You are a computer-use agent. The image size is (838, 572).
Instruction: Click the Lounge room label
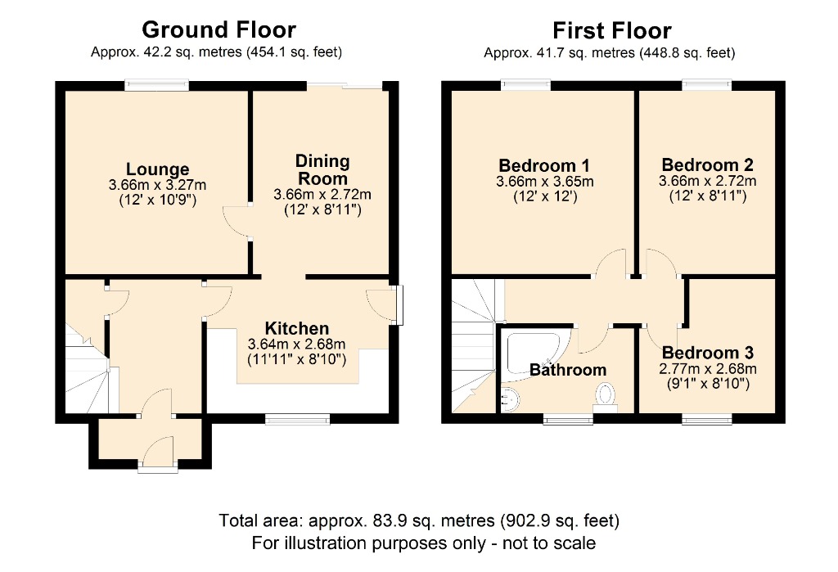pos(158,169)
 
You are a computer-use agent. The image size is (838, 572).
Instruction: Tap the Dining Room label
pos(322,169)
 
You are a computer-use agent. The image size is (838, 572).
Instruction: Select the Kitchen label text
pos(296,327)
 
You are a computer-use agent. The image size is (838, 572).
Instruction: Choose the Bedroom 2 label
pos(708,164)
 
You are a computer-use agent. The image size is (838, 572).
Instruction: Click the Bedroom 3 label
pos(708,353)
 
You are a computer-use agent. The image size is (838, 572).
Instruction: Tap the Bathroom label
pos(568,369)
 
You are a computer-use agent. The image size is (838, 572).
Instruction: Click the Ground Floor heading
pos(219,29)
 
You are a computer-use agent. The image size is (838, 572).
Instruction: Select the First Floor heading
pos(611,30)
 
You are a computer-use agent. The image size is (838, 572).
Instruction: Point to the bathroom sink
pos(511,399)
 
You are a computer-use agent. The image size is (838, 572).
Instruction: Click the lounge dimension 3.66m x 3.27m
pos(158,185)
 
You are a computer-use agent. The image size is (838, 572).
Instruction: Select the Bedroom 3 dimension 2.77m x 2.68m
pos(708,368)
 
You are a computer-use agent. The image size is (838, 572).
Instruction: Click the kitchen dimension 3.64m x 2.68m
pos(296,344)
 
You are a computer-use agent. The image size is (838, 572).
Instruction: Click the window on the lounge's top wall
pos(157,86)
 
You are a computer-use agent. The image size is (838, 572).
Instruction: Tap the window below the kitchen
pos(291,419)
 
